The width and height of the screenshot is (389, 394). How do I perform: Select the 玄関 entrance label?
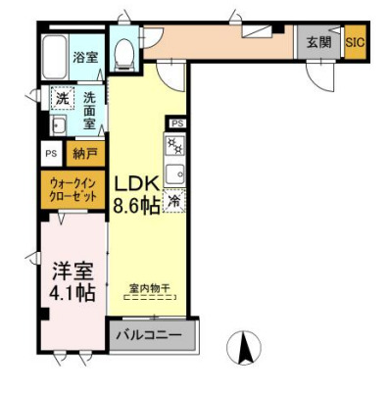pyautogui.click(x=318, y=44)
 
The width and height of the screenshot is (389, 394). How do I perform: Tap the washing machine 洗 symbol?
pyautogui.click(x=62, y=98)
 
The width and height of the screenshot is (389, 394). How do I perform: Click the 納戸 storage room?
pyautogui.click(x=85, y=153)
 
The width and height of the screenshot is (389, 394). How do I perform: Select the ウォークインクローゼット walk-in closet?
pyautogui.click(x=74, y=189)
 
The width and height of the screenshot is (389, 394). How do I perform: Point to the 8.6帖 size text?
pyautogui.click(x=136, y=206)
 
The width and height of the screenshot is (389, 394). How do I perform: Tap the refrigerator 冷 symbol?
pyautogui.click(x=174, y=203)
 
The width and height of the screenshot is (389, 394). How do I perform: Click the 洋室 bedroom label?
pyautogui.click(x=72, y=269)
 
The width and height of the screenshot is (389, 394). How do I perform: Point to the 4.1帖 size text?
pyautogui.click(x=73, y=291)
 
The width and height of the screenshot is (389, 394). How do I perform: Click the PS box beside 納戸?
pyautogui.click(x=51, y=153)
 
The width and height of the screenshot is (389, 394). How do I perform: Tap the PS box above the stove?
pyautogui.click(x=176, y=123)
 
